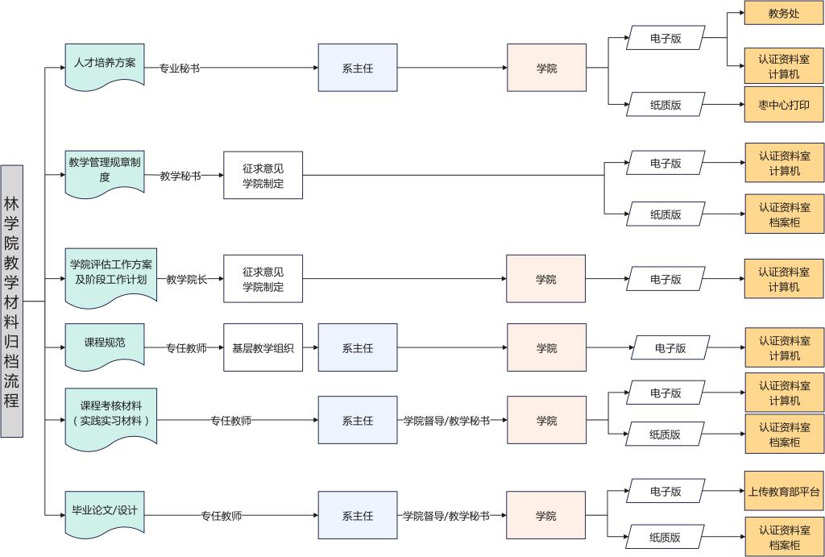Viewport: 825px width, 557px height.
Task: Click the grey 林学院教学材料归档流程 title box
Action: click(11, 301)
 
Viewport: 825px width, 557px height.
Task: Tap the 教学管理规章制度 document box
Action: click(105, 171)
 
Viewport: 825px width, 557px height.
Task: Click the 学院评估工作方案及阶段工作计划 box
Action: click(110, 274)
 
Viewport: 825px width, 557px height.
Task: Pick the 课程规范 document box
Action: click(105, 344)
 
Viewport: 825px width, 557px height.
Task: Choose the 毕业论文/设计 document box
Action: click(105, 513)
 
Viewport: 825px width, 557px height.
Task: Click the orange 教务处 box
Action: click(784, 14)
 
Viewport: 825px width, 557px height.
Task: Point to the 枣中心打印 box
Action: click(784, 105)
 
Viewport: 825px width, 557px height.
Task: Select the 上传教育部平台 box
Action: click(784, 491)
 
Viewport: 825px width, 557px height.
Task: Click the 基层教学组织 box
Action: click(263, 348)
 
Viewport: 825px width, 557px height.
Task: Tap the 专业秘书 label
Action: click(179, 69)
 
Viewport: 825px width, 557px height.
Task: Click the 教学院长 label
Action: click(187, 280)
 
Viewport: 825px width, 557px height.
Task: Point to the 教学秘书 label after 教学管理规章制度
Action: click(180, 176)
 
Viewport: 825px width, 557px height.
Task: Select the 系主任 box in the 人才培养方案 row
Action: click(358, 69)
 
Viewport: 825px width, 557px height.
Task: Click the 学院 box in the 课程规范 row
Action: click(546, 348)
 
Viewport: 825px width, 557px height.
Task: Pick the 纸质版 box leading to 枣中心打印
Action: click(665, 105)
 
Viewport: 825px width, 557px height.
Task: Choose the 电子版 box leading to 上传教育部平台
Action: click(665, 491)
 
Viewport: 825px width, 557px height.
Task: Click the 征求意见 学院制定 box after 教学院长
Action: click(263, 280)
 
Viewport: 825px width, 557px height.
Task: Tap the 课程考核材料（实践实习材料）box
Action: click(111, 415)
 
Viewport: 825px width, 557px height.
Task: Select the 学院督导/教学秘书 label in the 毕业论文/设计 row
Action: click(446, 516)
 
